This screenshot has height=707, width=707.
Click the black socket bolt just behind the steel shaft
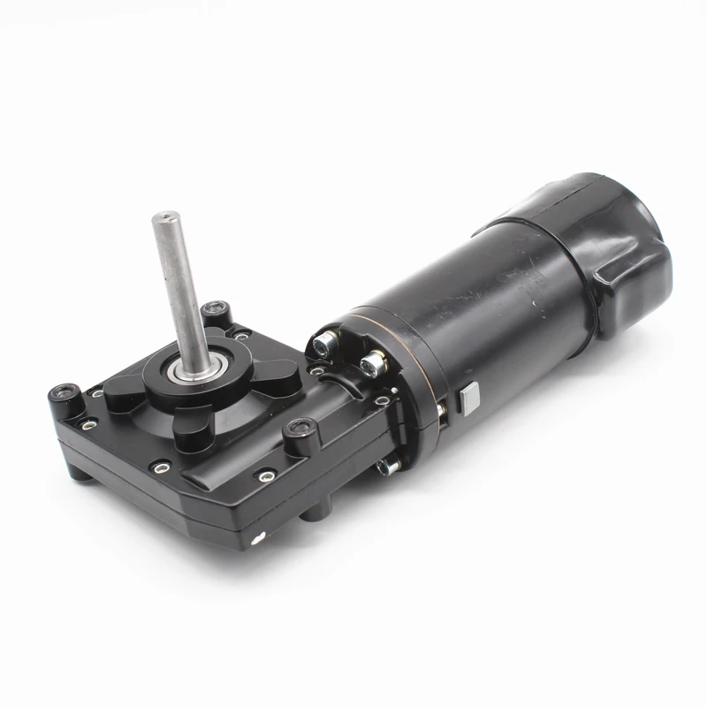pos(212,311)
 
